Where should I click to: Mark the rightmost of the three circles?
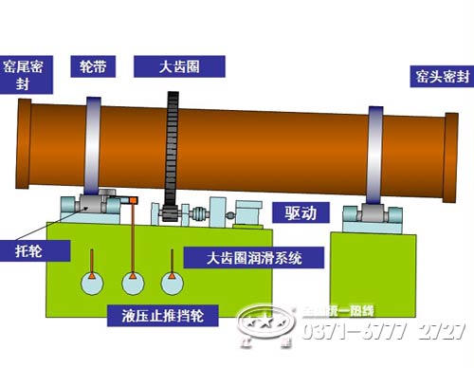[x=171, y=282]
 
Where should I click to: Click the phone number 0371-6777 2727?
[x=381, y=330]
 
